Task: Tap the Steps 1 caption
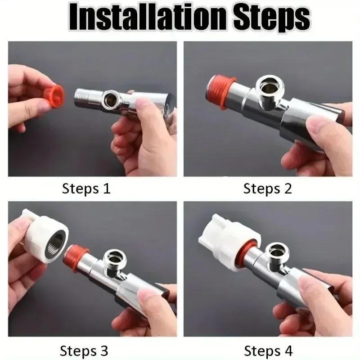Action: point(86,189)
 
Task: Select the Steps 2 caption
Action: point(268,189)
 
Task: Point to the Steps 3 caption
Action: point(84,350)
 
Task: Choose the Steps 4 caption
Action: point(268,350)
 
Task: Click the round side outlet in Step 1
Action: point(109,99)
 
